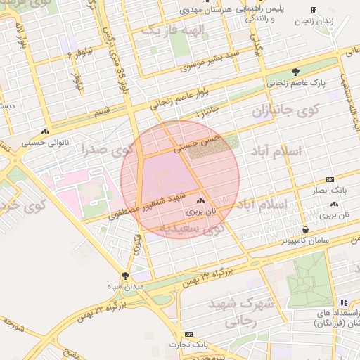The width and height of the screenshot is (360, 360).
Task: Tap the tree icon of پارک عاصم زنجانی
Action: pos(296,72)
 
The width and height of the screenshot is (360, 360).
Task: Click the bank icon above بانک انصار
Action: pos(330,179)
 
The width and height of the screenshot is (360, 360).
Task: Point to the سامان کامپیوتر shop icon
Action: pos(305,229)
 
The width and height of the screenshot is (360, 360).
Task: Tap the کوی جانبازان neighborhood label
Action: pos(285,111)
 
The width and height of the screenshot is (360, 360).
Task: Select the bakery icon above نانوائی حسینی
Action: pos(46,131)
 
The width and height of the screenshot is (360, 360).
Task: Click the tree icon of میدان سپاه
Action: pos(126,276)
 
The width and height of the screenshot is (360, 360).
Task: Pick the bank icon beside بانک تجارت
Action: pos(188,334)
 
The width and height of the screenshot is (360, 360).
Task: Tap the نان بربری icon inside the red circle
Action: pos(200,200)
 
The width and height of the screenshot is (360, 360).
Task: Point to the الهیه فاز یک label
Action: pos(172,30)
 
